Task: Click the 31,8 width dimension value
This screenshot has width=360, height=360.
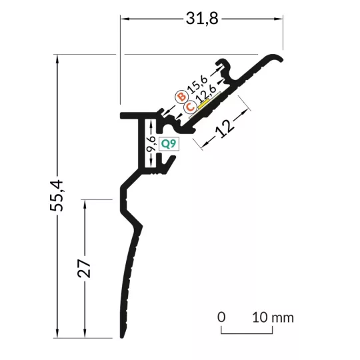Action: pyautogui.click(x=202, y=19)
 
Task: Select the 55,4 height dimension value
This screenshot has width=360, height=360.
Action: pyautogui.click(x=56, y=195)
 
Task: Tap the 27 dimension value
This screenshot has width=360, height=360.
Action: pyautogui.click(x=84, y=269)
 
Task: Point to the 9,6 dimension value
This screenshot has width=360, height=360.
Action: pyautogui.click(x=151, y=144)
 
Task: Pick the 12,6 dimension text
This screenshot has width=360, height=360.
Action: pyautogui.click(x=206, y=94)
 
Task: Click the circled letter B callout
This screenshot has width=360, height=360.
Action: pyautogui.click(x=182, y=97)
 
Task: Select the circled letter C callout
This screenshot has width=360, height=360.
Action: pyautogui.click(x=190, y=107)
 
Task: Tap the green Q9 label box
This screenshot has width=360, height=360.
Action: pyautogui.click(x=169, y=144)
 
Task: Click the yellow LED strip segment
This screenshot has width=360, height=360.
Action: pyautogui.click(x=203, y=105)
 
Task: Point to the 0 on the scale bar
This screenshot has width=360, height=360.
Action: pyautogui.click(x=221, y=317)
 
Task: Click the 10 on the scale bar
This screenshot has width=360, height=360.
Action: pyautogui.click(x=260, y=317)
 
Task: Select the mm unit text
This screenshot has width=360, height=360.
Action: pyautogui.click(x=283, y=318)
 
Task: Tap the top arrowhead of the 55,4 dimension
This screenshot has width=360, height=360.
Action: pyautogui.click(x=57, y=59)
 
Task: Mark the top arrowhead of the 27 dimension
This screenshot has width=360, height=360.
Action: pyautogui.click(x=85, y=204)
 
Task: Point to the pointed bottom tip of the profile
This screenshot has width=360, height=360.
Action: pyautogui.click(x=122, y=337)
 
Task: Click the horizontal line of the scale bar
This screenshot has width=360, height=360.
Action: pyautogui.click(x=247, y=333)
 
